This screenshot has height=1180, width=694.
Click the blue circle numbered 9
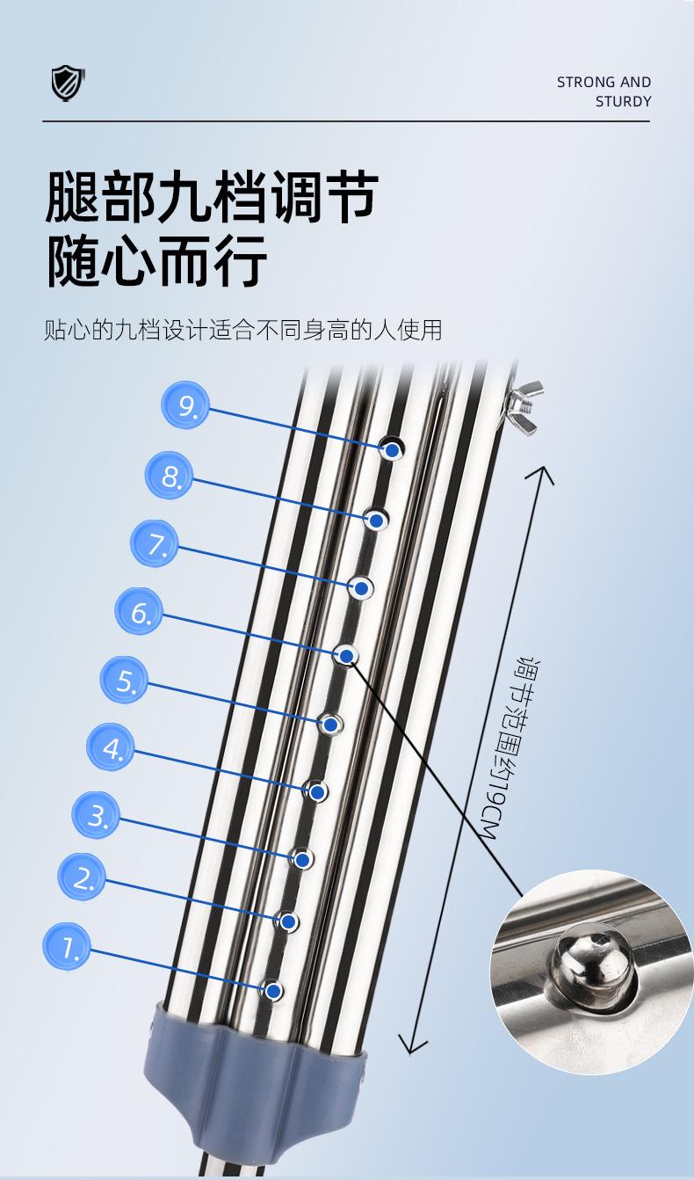click(186, 406)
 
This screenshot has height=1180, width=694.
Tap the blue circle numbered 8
click(170, 476)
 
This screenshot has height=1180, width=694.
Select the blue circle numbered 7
click(155, 543)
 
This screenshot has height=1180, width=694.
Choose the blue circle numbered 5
click(125, 681)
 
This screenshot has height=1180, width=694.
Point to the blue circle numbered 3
click(97, 815)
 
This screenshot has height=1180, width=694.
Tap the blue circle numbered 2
click(83, 877)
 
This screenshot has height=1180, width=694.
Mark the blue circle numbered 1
click(68, 946)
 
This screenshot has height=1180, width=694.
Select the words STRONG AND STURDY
click(604, 91)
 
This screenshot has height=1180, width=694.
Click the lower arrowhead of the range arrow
click(411, 1045)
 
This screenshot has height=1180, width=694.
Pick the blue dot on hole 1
click(273, 991)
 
